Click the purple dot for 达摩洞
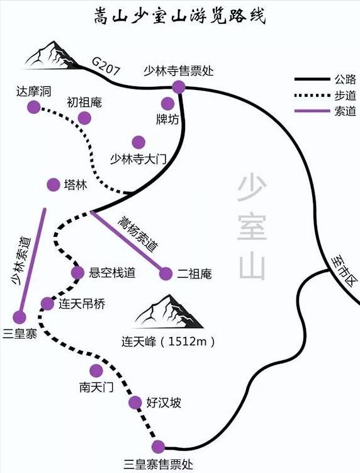click(33, 107)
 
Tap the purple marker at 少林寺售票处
click(179, 87)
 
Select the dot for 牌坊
click(167, 104)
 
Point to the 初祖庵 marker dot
click(84, 118)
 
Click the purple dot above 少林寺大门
click(138, 142)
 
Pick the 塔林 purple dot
click(53, 185)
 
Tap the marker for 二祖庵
click(166, 273)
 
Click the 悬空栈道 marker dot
click(78, 273)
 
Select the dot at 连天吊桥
click(47, 304)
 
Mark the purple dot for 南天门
click(96, 370)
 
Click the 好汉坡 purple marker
click(135, 402)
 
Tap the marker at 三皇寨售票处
click(158, 447)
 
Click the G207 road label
click(106, 66)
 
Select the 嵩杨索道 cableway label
click(137, 234)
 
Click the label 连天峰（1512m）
click(169, 341)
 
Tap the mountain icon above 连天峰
click(168, 312)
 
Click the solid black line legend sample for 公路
click(312, 79)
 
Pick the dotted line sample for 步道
click(312, 95)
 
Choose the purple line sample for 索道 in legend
click(312, 111)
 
